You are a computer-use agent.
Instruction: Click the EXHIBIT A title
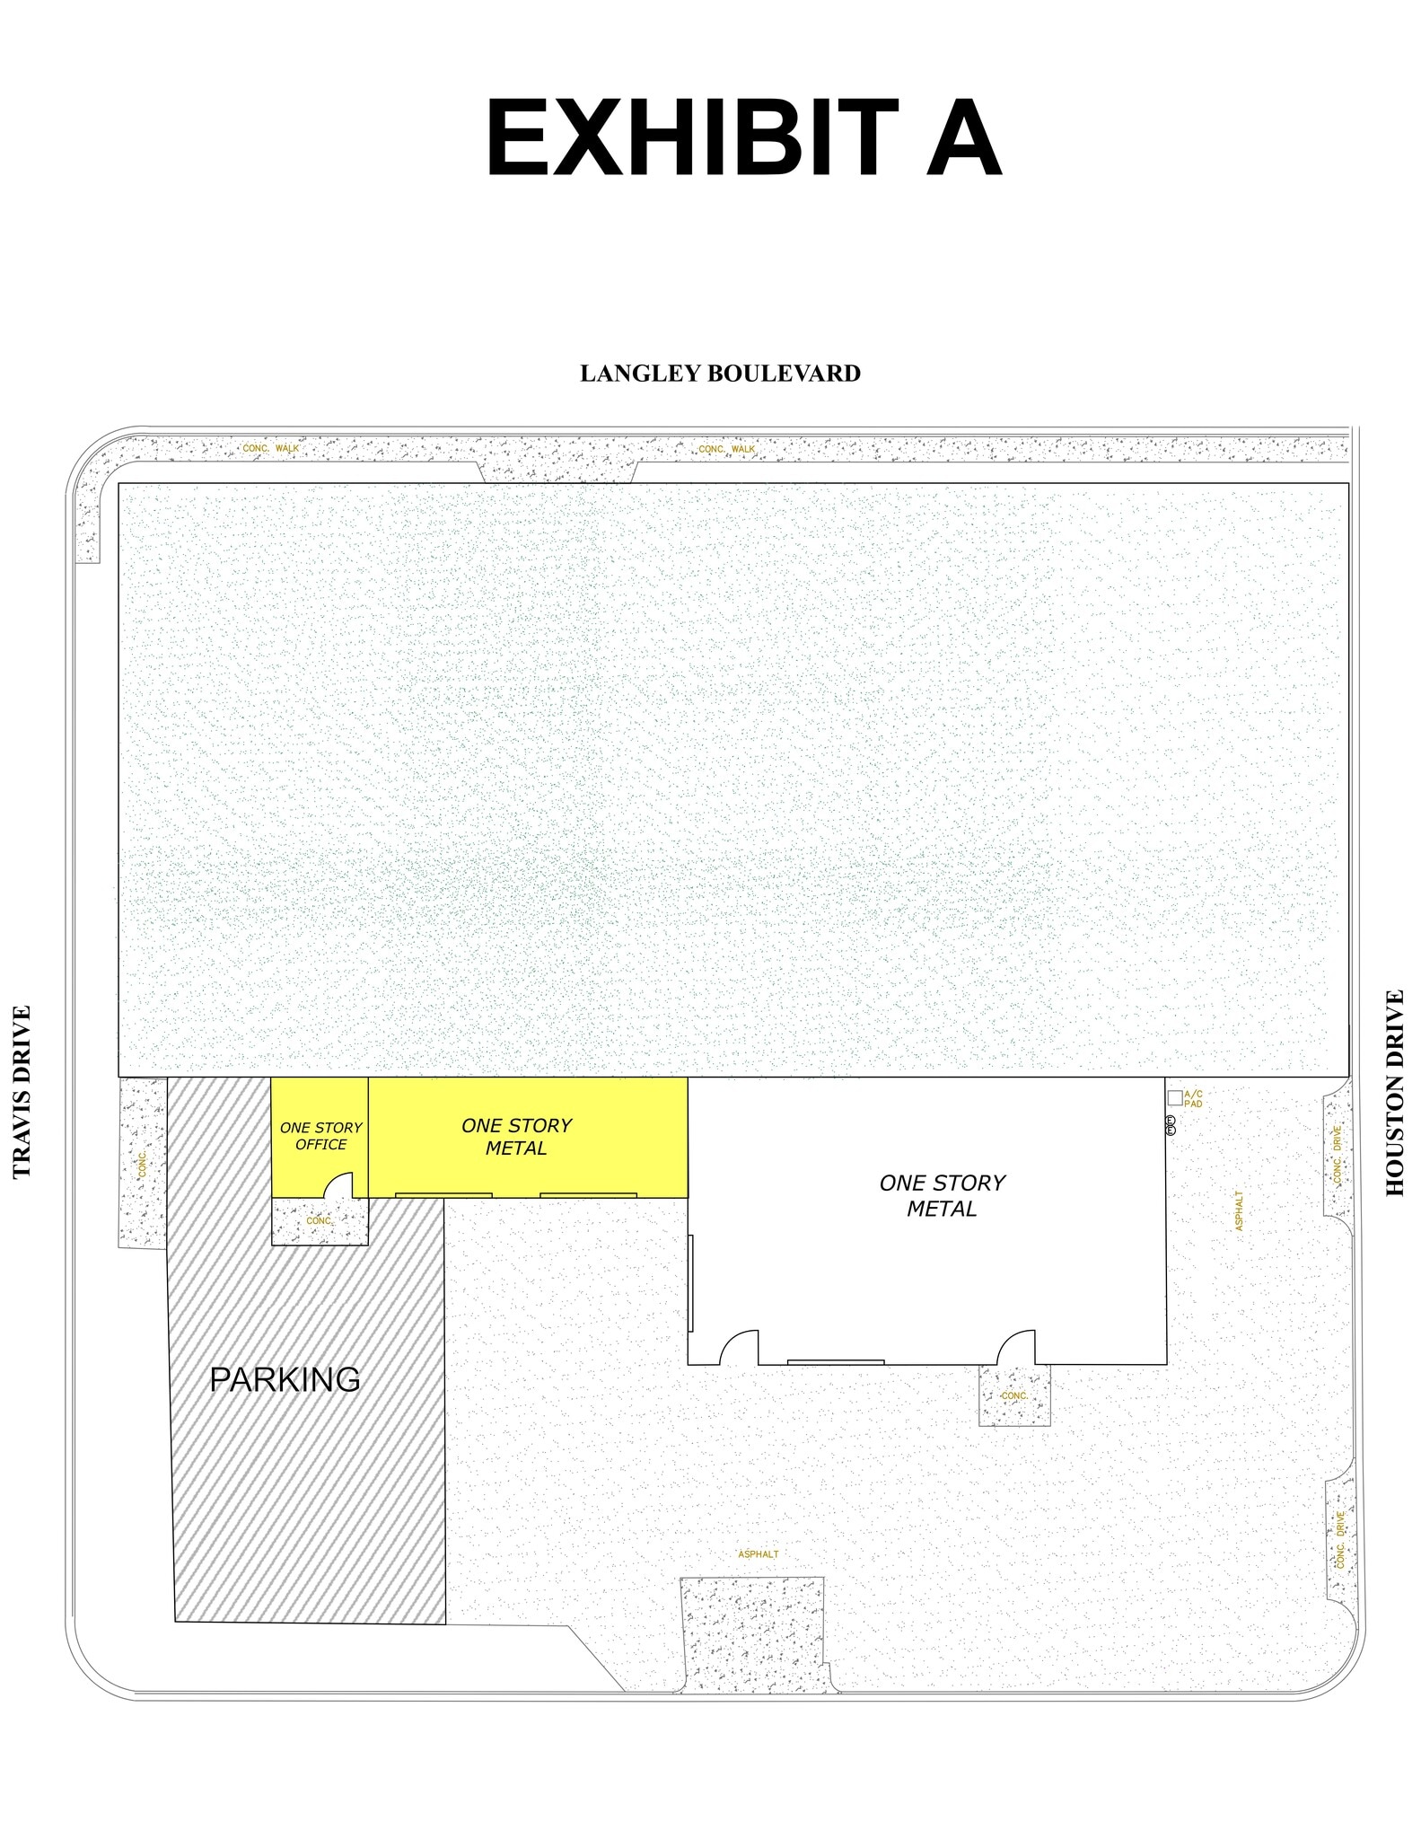point(742,139)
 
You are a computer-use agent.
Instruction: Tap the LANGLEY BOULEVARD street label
point(720,374)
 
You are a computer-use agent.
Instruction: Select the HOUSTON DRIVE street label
point(1394,1092)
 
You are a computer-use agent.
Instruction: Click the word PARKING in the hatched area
point(285,1378)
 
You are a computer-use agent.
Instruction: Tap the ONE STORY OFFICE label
point(320,1136)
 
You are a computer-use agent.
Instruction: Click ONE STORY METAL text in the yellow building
point(516,1137)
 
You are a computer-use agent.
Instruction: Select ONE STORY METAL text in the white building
point(942,1195)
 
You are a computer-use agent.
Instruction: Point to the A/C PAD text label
point(1193,1098)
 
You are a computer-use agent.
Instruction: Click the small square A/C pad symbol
point(1174,1097)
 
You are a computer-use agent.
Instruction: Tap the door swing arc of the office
point(338,1185)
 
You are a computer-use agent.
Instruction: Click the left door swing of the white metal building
point(739,1347)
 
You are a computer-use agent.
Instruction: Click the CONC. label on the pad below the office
point(320,1221)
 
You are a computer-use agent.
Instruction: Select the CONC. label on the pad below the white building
point(1014,1395)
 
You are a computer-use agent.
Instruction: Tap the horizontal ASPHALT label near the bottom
point(759,1554)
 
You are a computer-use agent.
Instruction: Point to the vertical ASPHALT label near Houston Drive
point(1240,1210)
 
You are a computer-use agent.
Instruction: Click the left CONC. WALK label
point(271,448)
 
